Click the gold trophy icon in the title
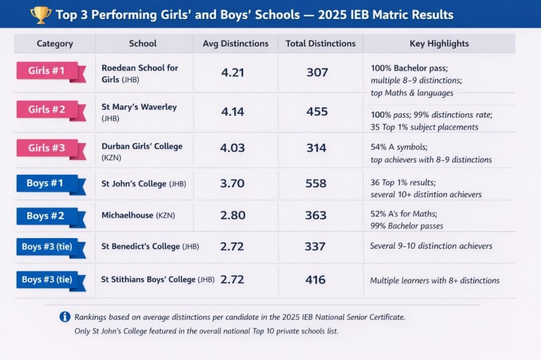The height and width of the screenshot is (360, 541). [x=41, y=14]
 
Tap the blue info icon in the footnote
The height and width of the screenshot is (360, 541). [x=65, y=317]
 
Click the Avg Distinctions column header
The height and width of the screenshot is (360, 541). [x=236, y=44]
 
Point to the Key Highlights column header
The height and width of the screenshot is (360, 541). [x=439, y=44]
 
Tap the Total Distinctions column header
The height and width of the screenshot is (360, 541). [x=321, y=44]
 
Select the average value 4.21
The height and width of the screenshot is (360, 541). [x=232, y=72]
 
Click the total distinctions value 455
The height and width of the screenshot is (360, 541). [x=317, y=111]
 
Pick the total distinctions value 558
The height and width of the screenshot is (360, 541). [x=316, y=184]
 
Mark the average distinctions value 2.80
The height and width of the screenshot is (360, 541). [x=232, y=215]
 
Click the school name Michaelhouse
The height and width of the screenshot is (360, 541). [x=127, y=215]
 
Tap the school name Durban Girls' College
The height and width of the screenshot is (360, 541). [x=142, y=146]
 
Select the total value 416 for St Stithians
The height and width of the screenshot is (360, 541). [x=315, y=280]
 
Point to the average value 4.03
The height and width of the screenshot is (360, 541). [x=232, y=148]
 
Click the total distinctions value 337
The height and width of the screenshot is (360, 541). [x=315, y=247]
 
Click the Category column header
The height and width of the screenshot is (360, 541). [x=55, y=44]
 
